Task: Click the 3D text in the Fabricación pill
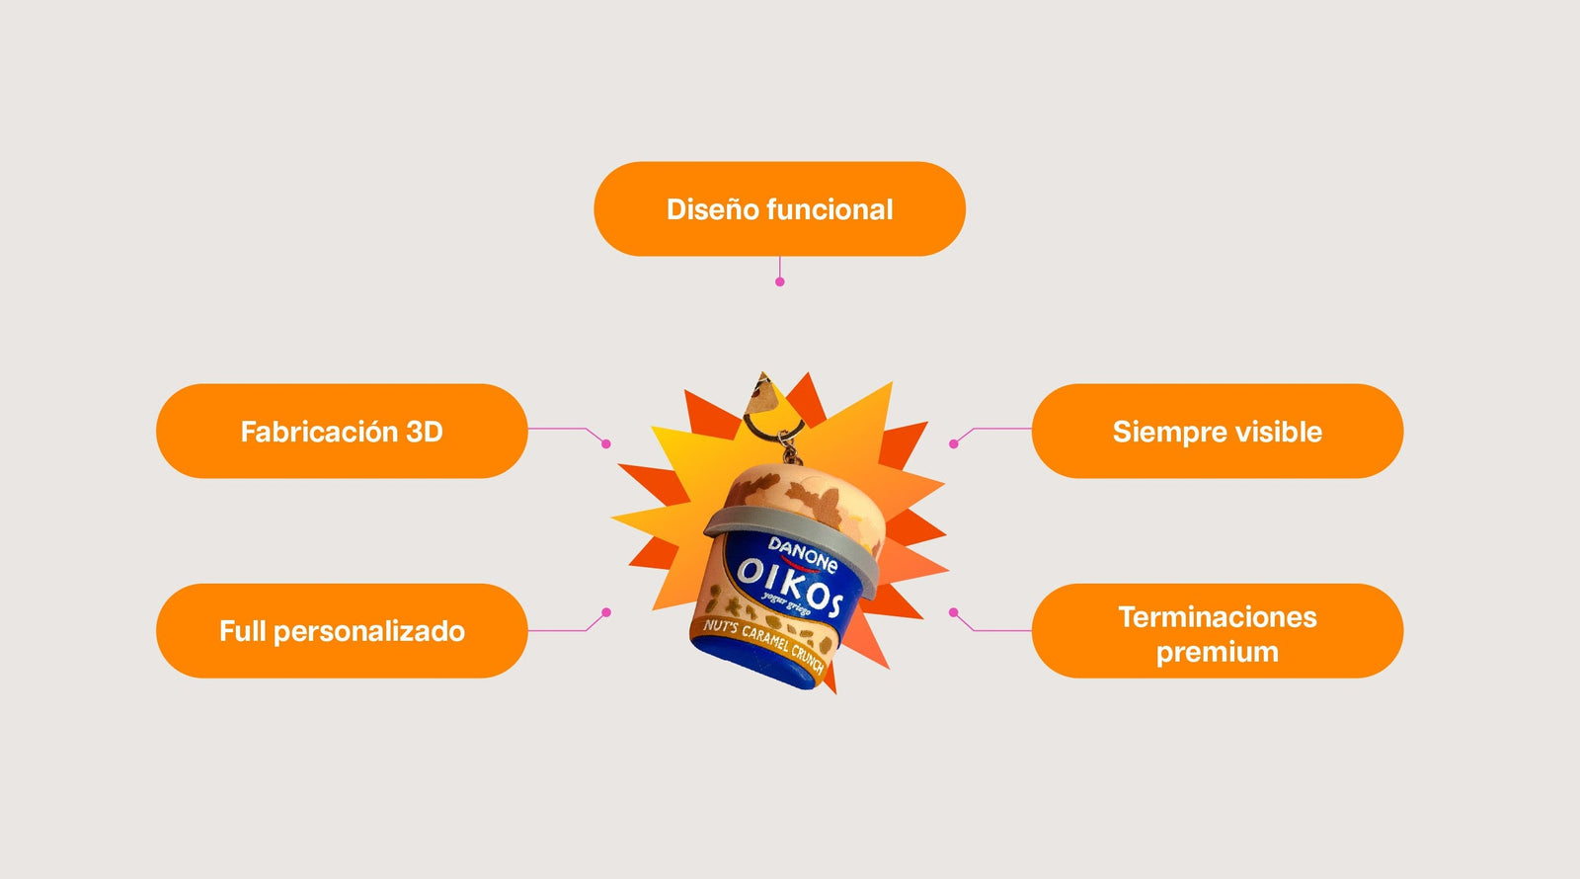pos(425,432)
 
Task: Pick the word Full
pos(243,631)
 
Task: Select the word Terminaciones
pos(1218,617)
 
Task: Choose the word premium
pos(1218,653)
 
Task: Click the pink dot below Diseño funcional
pos(779,282)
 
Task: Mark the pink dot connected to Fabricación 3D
pos(606,443)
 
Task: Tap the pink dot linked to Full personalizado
pos(606,612)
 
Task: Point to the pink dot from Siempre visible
pos(954,443)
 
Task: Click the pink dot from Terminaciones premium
pos(954,612)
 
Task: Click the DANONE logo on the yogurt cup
pos(803,555)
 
